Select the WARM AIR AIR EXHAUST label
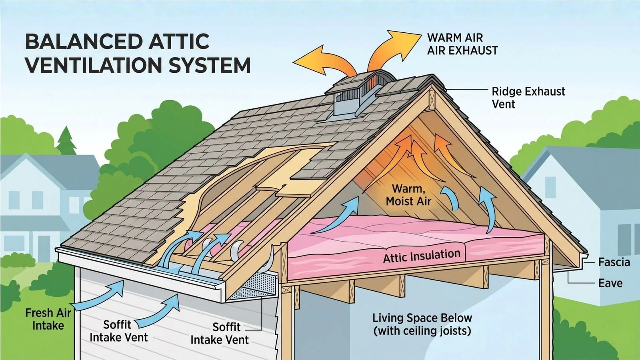pyautogui.click(x=462, y=44)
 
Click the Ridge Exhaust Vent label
pyautogui.click(x=528, y=98)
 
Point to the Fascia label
pyautogui.click(x=614, y=262)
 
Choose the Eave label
pyautogui.click(x=610, y=283)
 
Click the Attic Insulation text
pyautogui.click(x=422, y=256)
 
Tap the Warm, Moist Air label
pyautogui.click(x=408, y=195)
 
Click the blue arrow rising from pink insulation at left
pyautogui.click(x=337, y=216)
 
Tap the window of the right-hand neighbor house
pyautogui.click(x=550, y=188)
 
